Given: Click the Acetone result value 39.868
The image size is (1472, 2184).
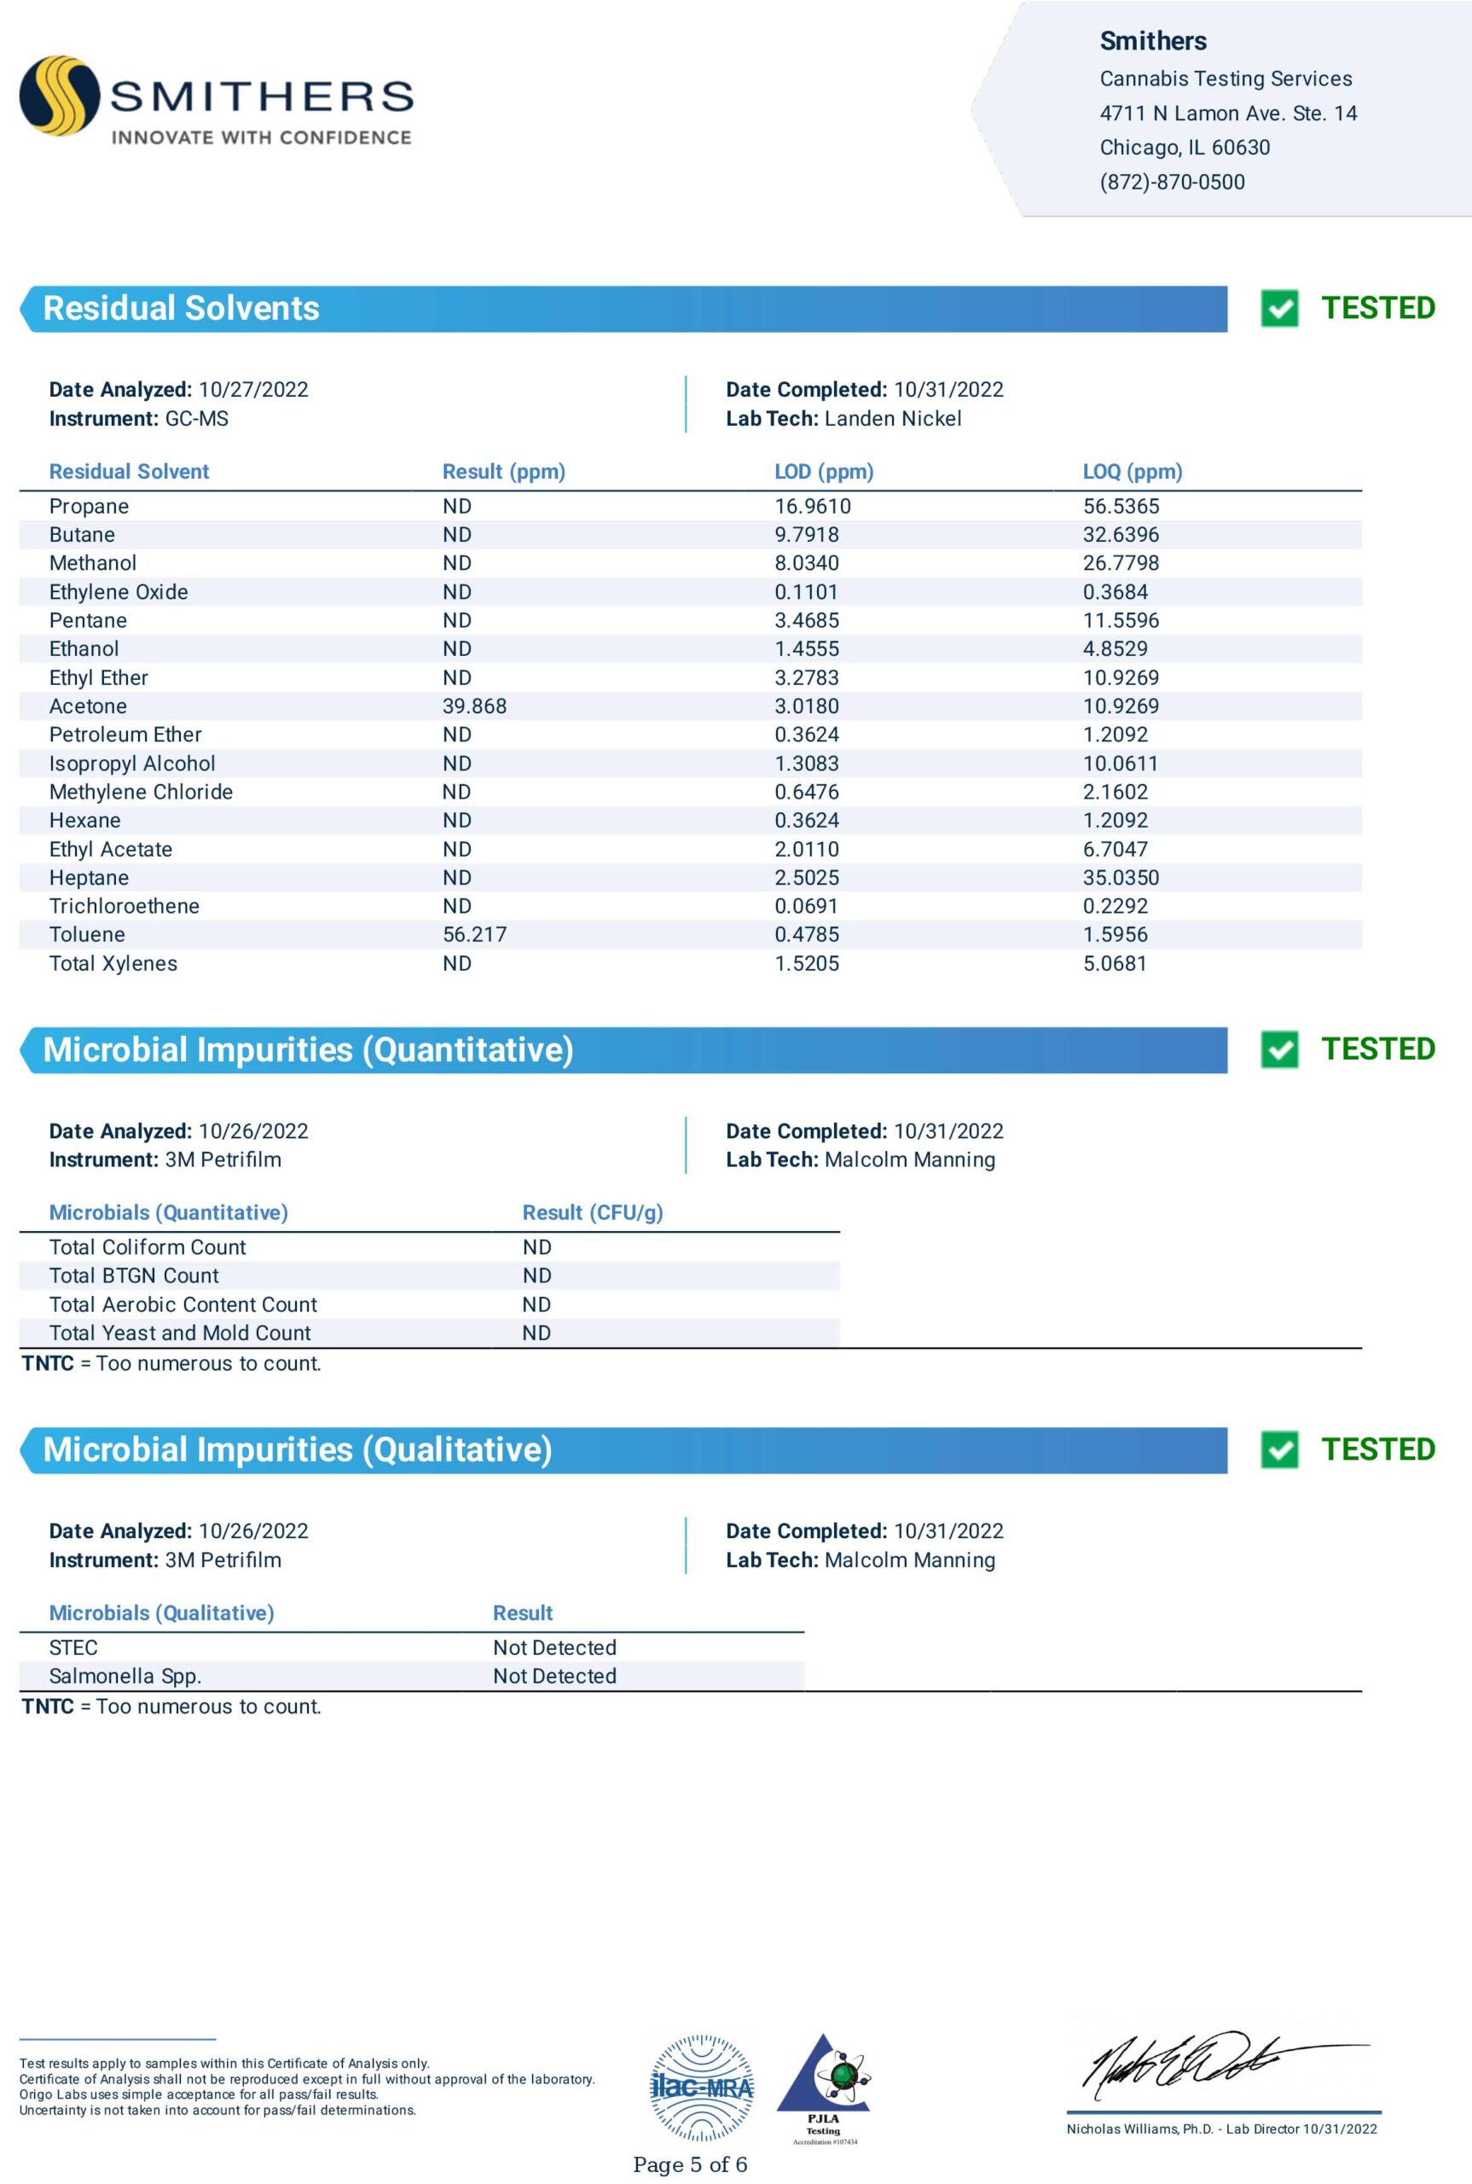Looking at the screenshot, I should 474,706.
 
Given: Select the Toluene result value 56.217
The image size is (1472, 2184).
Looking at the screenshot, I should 474,934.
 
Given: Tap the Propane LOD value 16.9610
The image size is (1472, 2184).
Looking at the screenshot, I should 812,506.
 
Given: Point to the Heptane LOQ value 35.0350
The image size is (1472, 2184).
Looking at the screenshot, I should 1121,877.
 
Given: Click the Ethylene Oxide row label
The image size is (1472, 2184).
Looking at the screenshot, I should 119,591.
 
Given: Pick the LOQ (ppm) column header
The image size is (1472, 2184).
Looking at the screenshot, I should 1133,472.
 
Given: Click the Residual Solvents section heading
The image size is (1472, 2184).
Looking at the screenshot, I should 181,308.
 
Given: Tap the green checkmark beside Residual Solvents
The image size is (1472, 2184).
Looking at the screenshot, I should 1278,308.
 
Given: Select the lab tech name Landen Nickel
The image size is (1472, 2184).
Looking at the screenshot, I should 893,419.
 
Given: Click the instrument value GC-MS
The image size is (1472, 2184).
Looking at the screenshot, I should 196,419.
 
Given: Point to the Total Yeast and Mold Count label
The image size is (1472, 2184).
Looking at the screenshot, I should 179,1333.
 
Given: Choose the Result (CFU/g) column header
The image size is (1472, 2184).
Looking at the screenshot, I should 593,1212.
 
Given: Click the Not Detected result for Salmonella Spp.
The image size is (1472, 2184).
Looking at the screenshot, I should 555,1676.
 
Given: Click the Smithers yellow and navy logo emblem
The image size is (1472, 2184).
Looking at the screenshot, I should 59,95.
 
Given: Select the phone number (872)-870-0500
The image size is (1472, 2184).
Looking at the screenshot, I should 1172,183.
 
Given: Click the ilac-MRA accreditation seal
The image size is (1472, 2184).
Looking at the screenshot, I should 701,2088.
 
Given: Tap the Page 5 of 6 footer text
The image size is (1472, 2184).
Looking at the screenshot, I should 690,2165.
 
